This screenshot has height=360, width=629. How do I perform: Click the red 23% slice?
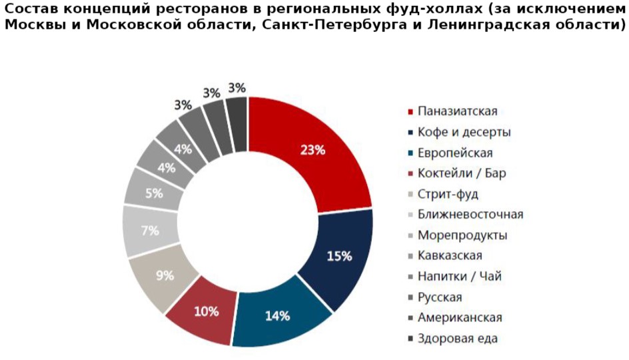pyautogui.click(x=312, y=151)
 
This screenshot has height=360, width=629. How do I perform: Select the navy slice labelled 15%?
pyautogui.click(x=338, y=255)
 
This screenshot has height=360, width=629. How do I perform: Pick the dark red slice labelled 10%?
pyautogui.click(x=206, y=311)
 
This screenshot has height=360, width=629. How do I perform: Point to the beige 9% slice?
pyautogui.click(x=165, y=275)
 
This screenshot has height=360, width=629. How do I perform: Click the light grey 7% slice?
pyautogui.click(x=150, y=231)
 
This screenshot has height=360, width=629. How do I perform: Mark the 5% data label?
pyautogui.click(x=155, y=194)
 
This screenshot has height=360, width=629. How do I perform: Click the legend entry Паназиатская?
pyautogui.click(x=458, y=111)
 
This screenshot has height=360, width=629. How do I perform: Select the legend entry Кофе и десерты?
pyautogui.click(x=464, y=132)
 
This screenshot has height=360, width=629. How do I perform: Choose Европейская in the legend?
pyautogui.click(x=455, y=153)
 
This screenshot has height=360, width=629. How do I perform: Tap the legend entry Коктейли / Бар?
pyautogui.click(x=462, y=173)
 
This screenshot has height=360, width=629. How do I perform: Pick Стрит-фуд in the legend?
pyautogui.click(x=448, y=194)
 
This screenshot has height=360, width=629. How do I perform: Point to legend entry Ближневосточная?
pyautogui.click(x=470, y=215)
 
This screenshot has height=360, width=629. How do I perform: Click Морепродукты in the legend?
pyautogui.click(x=462, y=235)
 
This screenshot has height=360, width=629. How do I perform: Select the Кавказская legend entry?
pyautogui.click(x=450, y=255)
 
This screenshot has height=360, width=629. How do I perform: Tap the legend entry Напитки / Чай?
pyautogui.click(x=460, y=276)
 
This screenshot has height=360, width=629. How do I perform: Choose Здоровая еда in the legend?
pyautogui.click(x=458, y=338)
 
